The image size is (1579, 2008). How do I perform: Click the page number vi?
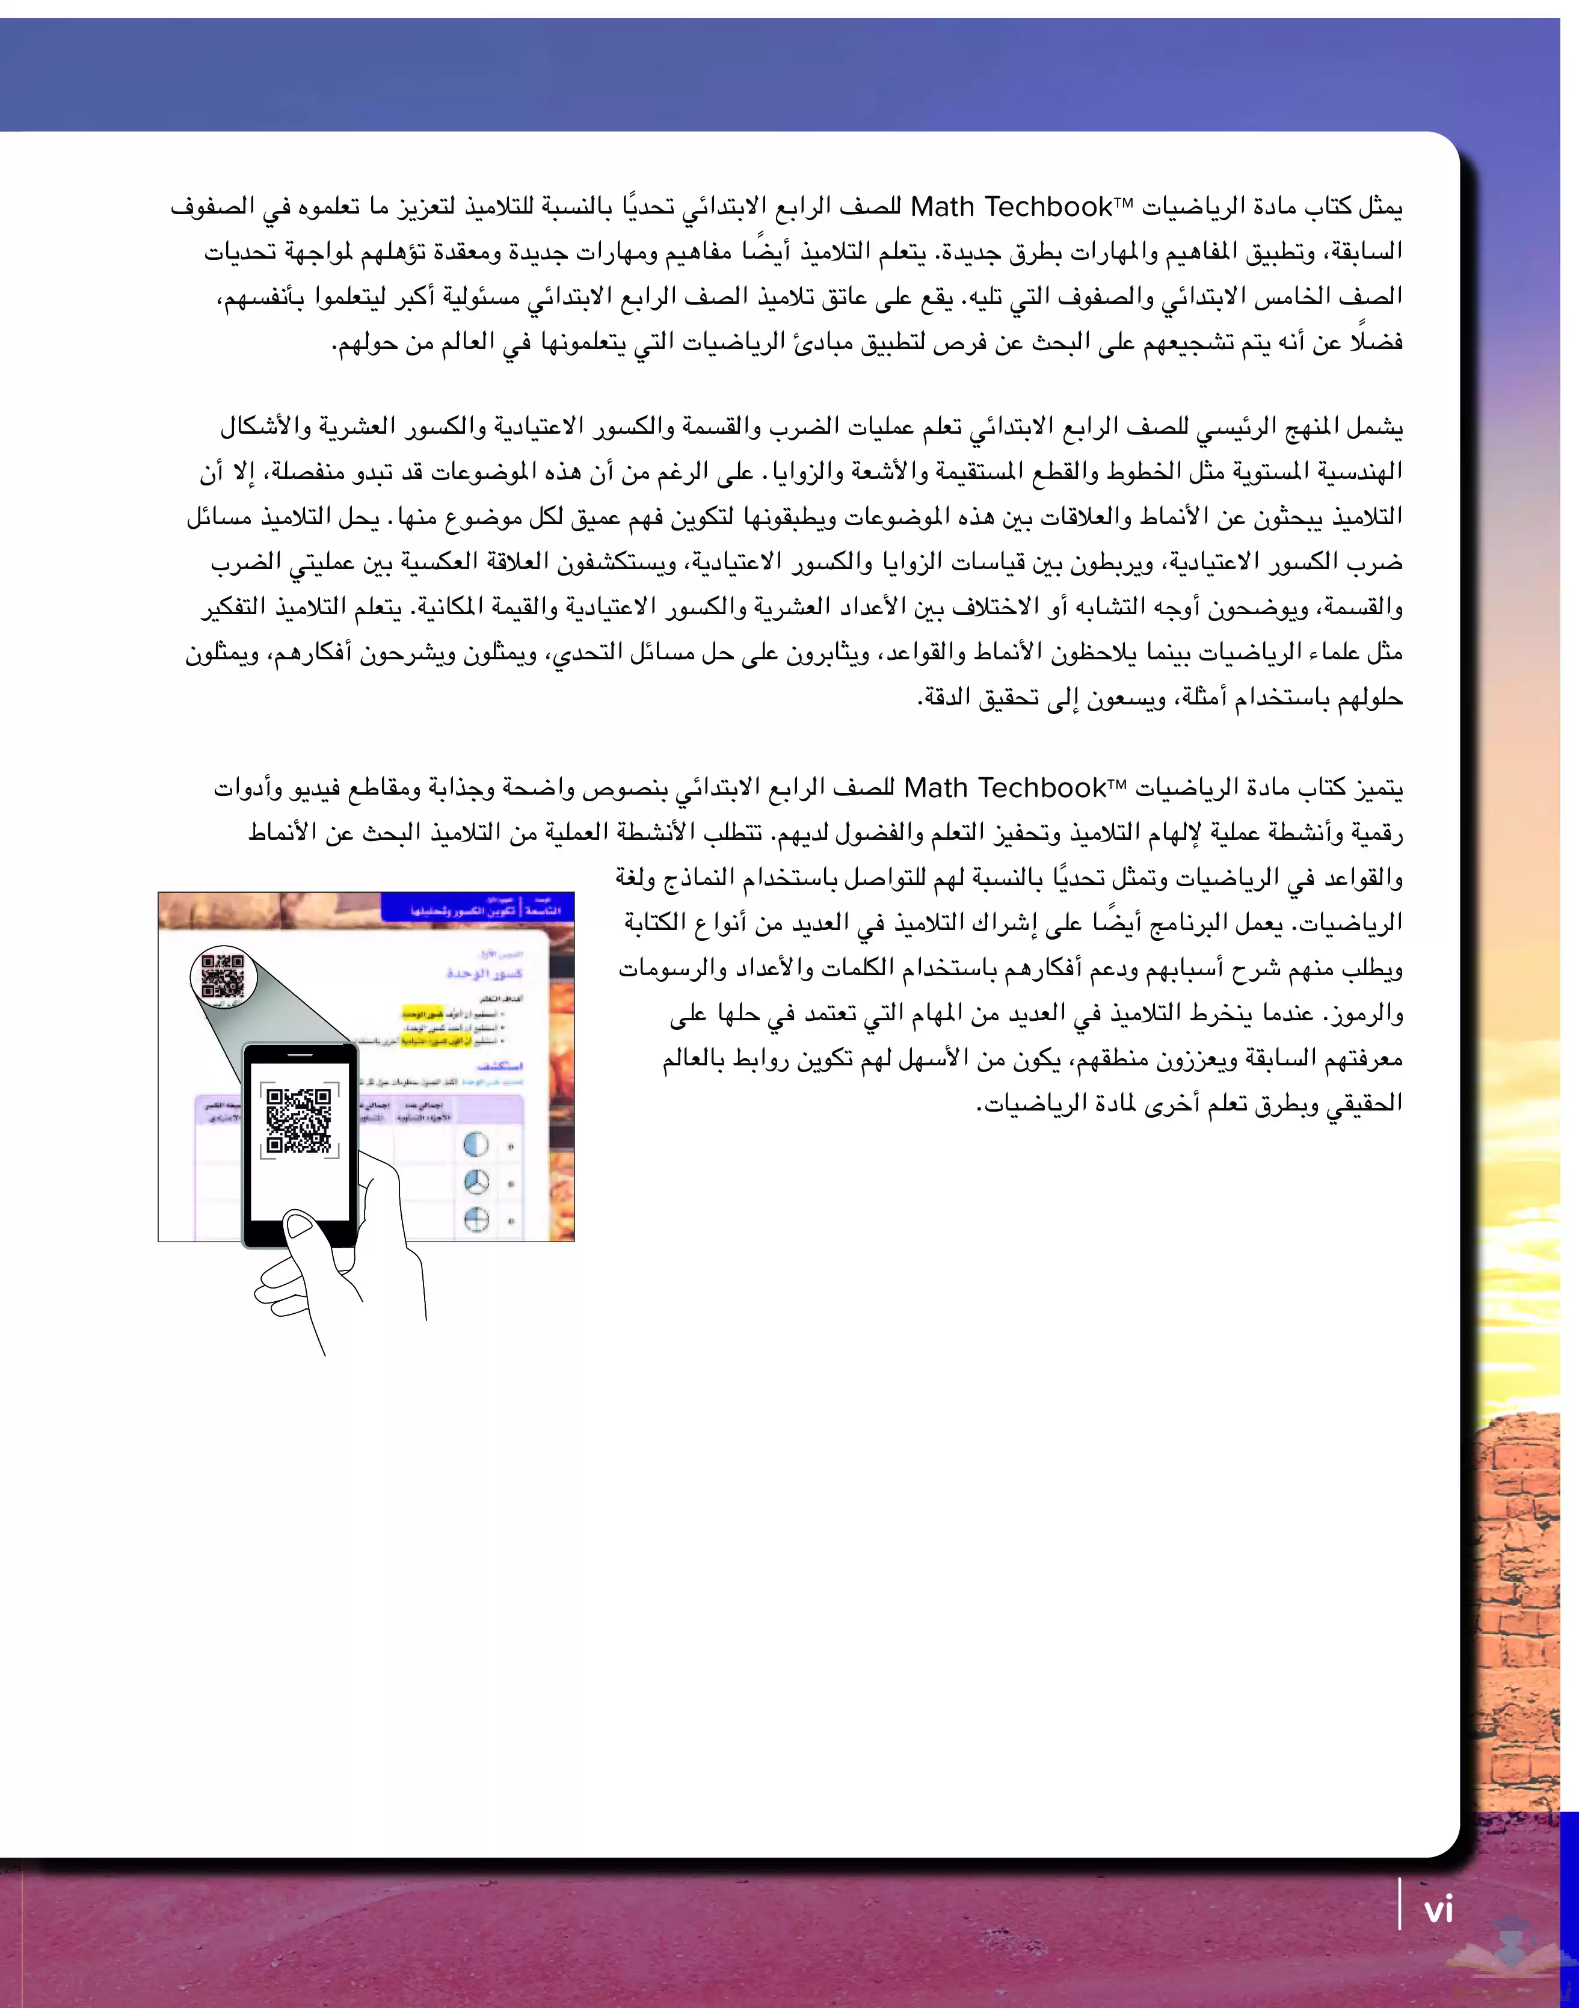[1438, 1910]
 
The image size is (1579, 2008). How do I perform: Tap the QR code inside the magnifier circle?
[223, 975]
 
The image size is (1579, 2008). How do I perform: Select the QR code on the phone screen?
[298, 1121]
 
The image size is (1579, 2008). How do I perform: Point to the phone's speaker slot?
[300, 1054]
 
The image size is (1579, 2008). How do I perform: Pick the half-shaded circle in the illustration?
[475, 1145]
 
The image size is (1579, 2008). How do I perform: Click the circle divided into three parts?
[475, 1183]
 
